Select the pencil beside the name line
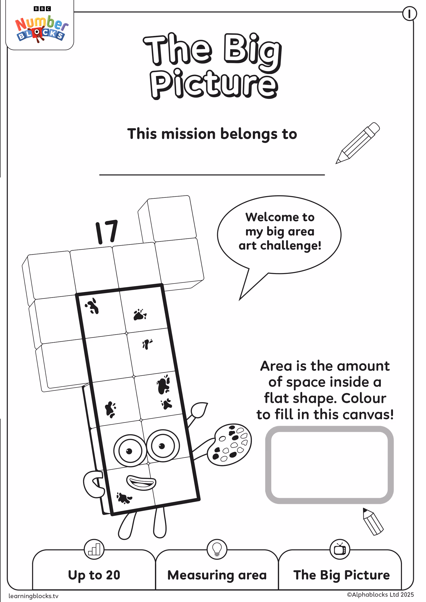[x=358, y=143]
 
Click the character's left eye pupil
[x=129, y=451]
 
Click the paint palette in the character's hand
[x=229, y=445]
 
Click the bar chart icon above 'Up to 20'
[x=94, y=549]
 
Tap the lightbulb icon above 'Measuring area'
[x=217, y=549]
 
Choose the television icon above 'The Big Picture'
[x=340, y=549]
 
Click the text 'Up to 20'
[x=94, y=575]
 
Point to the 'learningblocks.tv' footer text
[x=34, y=596]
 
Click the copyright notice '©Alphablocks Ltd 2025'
[x=380, y=594]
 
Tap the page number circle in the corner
[x=409, y=14]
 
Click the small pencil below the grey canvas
[x=373, y=521]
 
